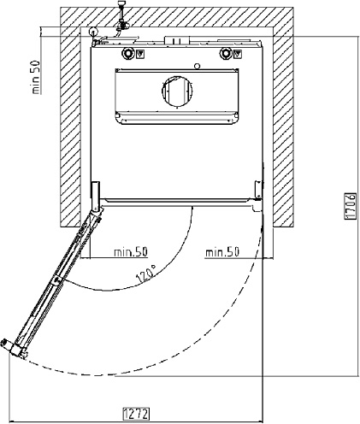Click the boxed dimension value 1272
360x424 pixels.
[136, 414]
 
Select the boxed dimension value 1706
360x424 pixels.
[351, 206]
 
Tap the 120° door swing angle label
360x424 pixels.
[146, 274]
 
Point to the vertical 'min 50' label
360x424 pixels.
[35, 77]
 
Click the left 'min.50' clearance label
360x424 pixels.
[131, 252]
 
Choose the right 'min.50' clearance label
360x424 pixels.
[222, 252]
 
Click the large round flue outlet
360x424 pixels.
[177, 91]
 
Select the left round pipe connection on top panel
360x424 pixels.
[127, 53]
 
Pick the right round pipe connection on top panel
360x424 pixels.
[226, 53]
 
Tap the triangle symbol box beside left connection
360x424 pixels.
[140, 54]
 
